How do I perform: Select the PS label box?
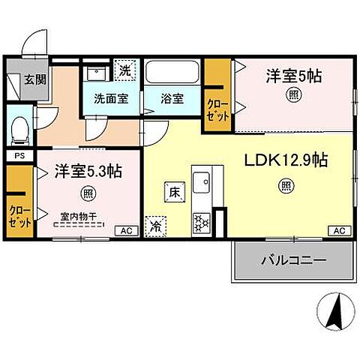point(19,156)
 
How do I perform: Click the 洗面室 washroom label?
point(110,97)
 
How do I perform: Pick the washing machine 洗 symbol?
point(127,71)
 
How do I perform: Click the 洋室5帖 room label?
point(294,76)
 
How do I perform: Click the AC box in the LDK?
point(338,230)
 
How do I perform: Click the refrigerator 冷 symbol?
point(157,223)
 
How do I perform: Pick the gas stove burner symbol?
point(202,222)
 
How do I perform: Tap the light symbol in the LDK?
point(287,184)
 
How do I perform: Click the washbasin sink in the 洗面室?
point(95,73)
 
